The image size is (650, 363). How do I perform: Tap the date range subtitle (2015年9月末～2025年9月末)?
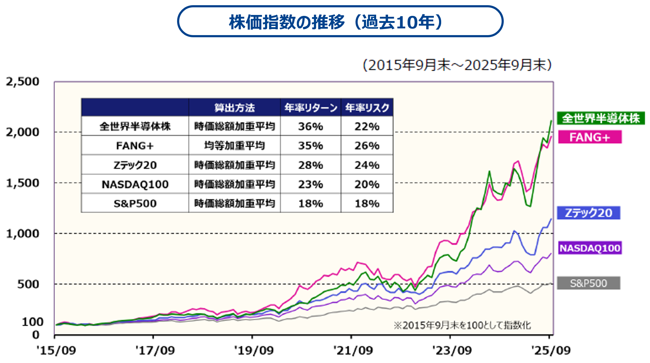(457, 65)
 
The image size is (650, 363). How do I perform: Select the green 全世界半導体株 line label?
(601, 118)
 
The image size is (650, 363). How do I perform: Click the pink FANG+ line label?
(590, 137)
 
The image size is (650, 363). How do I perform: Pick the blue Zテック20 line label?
(588, 213)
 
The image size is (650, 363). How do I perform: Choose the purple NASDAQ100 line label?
(590, 248)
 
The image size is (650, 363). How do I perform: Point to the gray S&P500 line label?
(588, 283)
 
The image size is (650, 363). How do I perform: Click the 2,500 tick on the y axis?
(23, 82)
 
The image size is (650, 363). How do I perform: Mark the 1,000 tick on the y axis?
(23, 234)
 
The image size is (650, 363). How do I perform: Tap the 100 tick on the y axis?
(32, 322)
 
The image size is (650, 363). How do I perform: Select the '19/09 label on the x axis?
(253, 350)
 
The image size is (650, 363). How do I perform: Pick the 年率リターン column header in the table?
(310, 107)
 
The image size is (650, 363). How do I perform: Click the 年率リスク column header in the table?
(367, 107)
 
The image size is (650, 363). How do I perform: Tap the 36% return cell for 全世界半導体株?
(310, 126)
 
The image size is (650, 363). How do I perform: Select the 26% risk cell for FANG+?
(367, 146)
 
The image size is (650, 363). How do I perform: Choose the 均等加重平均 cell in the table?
(234, 146)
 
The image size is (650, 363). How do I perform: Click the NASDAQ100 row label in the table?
(135, 184)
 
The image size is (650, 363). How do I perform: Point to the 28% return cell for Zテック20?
(310, 165)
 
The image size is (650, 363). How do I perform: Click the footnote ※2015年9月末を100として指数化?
(462, 325)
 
